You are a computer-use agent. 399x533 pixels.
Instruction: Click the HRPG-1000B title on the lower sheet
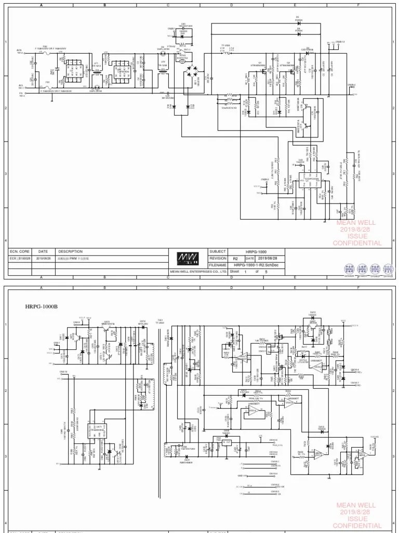tap(42, 306)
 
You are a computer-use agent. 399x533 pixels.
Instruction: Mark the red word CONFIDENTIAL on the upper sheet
tap(357, 243)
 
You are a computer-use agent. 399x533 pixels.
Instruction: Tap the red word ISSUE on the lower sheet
tap(357, 519)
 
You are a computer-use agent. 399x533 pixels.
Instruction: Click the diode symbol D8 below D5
tap(298, 33)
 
